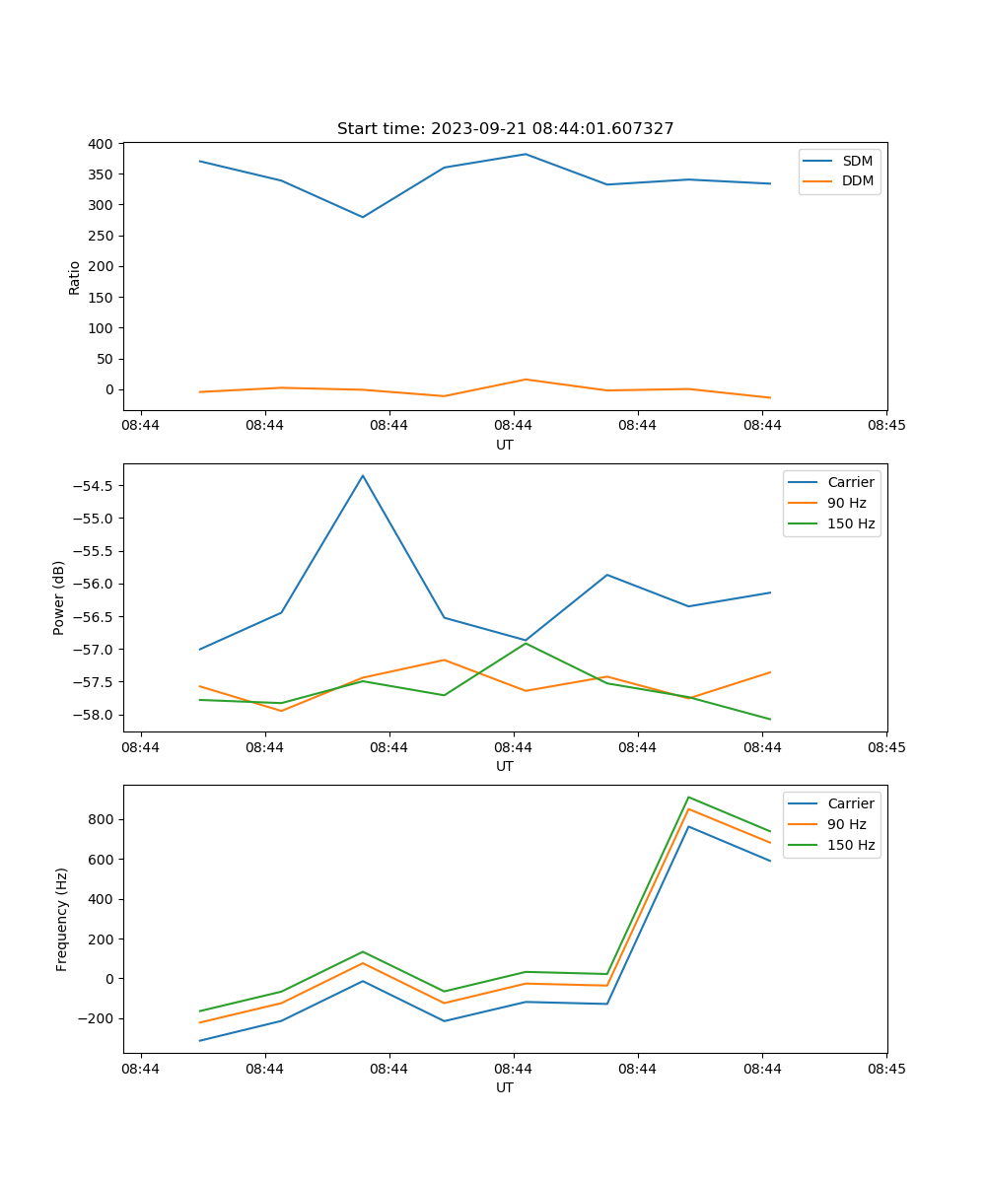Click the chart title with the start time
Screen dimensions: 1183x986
(505, 129)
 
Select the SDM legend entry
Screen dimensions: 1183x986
(857, 160)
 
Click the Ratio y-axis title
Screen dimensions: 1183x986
(75, 277)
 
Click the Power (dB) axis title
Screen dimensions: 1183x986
(59, 597)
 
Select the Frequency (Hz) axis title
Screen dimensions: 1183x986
(62, 919)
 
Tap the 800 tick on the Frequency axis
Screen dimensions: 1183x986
(103, 819)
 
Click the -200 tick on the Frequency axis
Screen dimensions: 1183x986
(99, 1018)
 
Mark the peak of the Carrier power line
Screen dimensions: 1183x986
(363, 476)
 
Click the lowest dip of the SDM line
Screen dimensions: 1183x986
(363, 217)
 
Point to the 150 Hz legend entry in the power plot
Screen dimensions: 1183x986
(851, 523)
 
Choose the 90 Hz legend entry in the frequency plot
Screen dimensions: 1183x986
(846, 824)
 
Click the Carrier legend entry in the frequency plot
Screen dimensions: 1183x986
(850, 803)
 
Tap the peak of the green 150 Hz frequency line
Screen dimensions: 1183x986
(688, 798)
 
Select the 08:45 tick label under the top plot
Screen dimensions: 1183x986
(886, 426)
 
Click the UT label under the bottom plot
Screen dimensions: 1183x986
(505, 1087)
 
